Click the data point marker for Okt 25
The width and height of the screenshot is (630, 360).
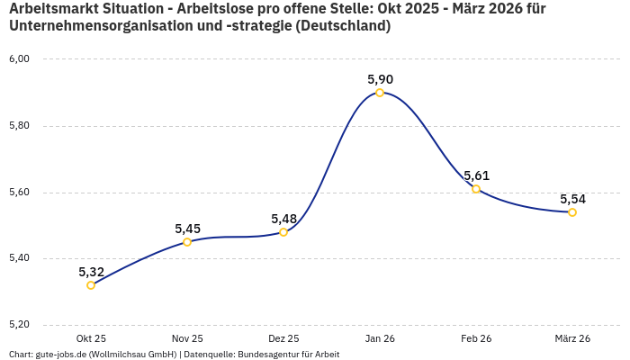[x=91, y=285]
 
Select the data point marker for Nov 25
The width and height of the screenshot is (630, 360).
[x=187, y=242]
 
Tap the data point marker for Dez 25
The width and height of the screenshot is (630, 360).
[x=283, y=232]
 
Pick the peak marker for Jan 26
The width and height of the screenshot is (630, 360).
[x=380, y=93]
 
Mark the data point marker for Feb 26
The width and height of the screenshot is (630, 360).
[x=476, y=189]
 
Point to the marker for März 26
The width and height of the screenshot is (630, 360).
[x=572, y=212]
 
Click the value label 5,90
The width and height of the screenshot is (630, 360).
[x=380, y=79]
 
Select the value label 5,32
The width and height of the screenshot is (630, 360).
[x=91, y=272]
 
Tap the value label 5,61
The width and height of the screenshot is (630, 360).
[x=476, y=175]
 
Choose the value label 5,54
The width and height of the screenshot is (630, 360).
[x=572, y=199]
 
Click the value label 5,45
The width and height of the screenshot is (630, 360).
[x=187, y=229]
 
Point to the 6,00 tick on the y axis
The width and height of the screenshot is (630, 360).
[x=19, y=59]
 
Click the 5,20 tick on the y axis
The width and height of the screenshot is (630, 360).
[x=19, y=325]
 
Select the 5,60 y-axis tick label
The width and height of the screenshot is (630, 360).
[x=19, y=193]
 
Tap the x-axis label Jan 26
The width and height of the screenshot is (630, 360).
[x=380, y=338]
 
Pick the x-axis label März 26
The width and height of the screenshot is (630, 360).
[x=572, y=338]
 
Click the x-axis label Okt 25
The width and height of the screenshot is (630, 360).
[x=91, y=338]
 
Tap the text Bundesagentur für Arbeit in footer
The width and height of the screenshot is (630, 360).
[x=288, y=355]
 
